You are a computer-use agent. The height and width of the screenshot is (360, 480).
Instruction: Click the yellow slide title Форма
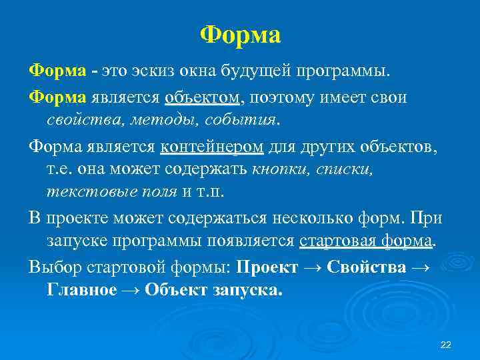(x=240, y=35)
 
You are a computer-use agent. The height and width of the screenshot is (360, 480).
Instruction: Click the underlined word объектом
(x=203, y=98)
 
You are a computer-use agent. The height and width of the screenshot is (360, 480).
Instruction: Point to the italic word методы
(x=163, y=121)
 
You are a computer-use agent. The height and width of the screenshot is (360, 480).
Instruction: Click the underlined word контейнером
(x=212, y=147)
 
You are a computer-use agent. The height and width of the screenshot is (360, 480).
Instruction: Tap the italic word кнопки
(x=279, y=169)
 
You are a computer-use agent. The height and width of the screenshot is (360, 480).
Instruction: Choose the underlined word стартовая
(x=334, y=241)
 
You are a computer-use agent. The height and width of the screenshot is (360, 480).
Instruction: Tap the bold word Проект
(x=267, y=267)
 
